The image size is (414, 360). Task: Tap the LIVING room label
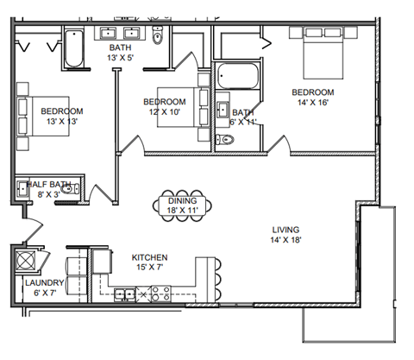(285, 230)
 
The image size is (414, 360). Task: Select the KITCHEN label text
(149, 257)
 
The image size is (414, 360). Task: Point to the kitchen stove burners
(159, 294)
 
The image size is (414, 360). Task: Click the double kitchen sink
(126, 294)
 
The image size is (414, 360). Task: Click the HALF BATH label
(48, 184)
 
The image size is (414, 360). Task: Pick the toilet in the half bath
(73, 188)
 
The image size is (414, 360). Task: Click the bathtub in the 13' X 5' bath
(72, 50)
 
